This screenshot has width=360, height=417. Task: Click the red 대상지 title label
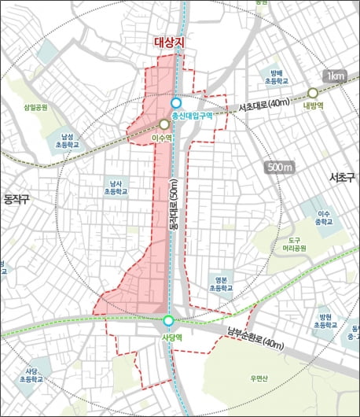tap(168, 45)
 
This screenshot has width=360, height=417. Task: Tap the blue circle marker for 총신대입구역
tap(176, 102)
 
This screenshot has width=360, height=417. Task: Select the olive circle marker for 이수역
tap(163, 124)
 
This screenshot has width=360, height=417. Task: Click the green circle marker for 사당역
tap(168, 320)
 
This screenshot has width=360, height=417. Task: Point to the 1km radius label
tap(336, 76)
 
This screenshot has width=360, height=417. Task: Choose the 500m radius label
tap(279, 168)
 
